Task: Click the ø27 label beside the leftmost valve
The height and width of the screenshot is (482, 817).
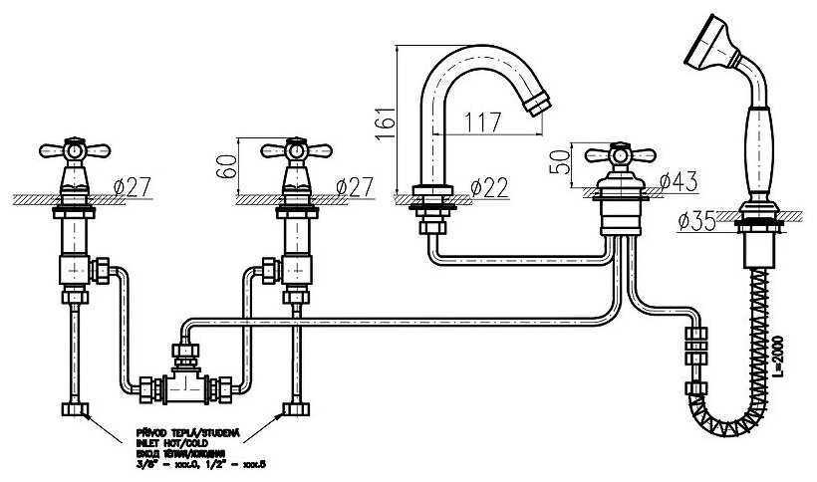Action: click(132, 186)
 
